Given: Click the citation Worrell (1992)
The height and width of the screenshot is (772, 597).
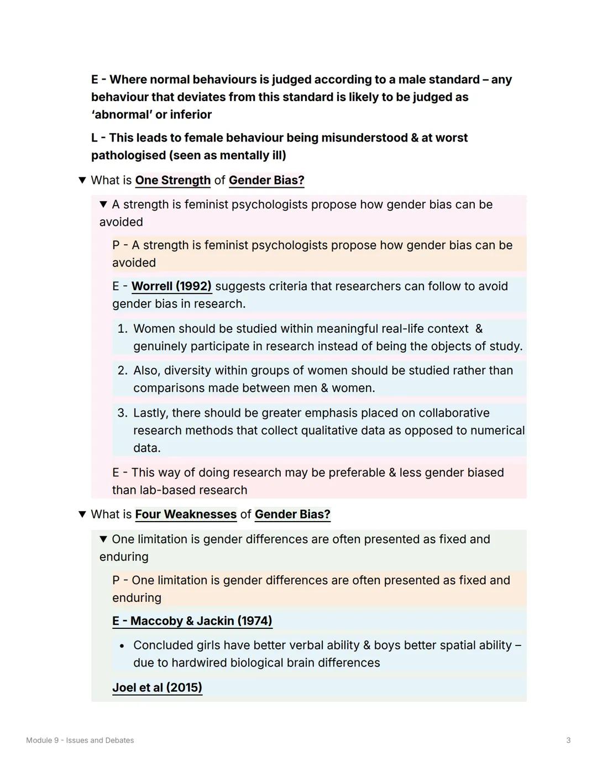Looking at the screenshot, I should coord(171,286).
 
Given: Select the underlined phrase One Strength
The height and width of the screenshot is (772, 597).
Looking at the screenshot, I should coord(172,180).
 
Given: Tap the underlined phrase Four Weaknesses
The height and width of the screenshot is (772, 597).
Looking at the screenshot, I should coord(186,514).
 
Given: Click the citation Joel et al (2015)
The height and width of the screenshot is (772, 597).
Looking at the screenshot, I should coord(157,687).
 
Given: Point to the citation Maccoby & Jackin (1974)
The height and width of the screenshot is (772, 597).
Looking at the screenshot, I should coord(192,621).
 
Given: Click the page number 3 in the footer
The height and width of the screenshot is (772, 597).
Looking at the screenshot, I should coord(568,741).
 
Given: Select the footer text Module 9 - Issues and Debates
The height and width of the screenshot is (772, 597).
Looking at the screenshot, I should coord(80,741).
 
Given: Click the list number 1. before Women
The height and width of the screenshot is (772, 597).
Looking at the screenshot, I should coord(122,329).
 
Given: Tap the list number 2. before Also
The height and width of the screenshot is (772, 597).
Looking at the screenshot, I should coord(122,370).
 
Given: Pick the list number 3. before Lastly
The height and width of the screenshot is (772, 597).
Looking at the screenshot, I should coord(122,413).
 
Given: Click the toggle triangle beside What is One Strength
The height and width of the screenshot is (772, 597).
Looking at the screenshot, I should coord(82,180).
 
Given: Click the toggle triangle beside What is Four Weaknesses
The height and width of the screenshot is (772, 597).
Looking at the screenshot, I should coord(82,514).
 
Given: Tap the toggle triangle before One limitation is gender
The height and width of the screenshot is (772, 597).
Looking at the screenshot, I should coord(103,539).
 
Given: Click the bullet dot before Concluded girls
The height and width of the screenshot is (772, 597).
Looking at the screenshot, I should coord(122,645).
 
